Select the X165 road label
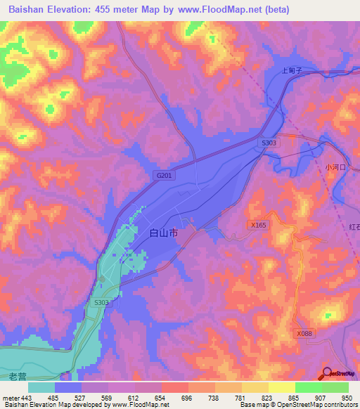[x=258, y=225]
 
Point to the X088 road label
[x=304, y=334]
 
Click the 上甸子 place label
[x=291, y=70]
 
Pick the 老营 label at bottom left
[x=18, y=377]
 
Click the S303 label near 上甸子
[x=269, y=143]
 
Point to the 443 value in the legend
[x=27, y=398]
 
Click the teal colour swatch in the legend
[x=41, y=387]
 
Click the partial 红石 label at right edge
[x=354, y=226]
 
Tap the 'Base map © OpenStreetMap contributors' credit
[x=298, y=405]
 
